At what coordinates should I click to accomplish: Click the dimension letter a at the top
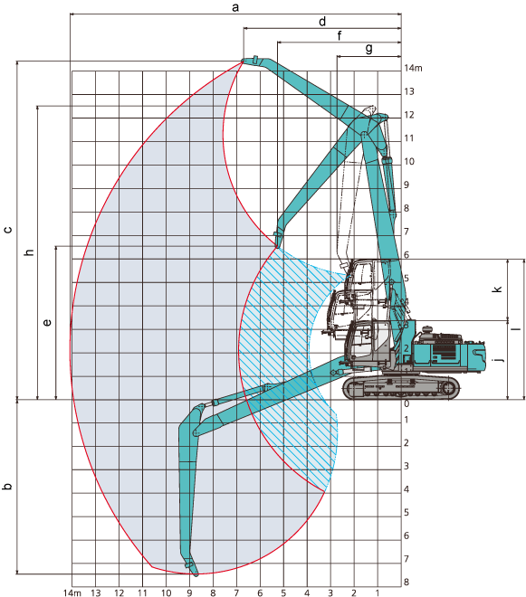[235, 7]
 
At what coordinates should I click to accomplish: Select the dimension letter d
[322, 22]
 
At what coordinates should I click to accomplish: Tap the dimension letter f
[340, 36]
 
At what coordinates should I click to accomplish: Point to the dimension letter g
[369, 49]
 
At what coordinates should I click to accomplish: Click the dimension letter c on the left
[8, 230]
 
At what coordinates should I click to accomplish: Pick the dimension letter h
[29, 252]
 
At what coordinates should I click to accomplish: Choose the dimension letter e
[47, 323]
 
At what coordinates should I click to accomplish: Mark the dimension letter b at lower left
[7, 487]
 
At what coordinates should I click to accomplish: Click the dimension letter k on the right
[497, 289]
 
